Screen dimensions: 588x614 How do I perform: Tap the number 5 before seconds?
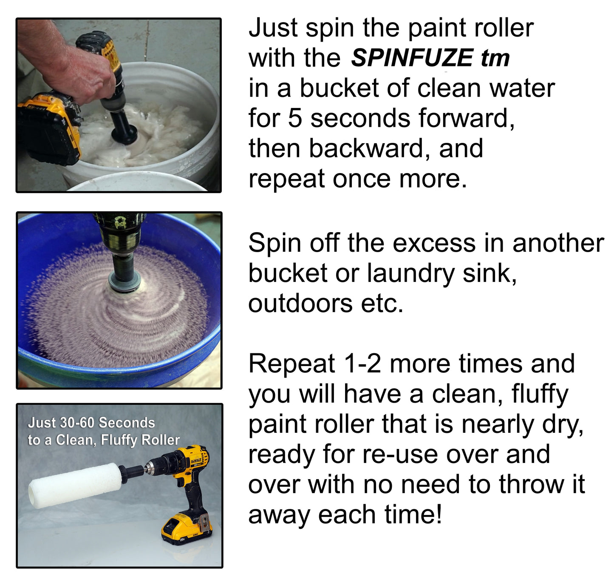coord(295,118)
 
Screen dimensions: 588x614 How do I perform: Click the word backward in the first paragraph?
coord(366,148)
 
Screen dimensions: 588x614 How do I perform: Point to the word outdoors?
coord(300,304)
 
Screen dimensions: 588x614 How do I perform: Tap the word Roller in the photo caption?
coord(160,440)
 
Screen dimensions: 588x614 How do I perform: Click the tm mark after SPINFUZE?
coord(495,58)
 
